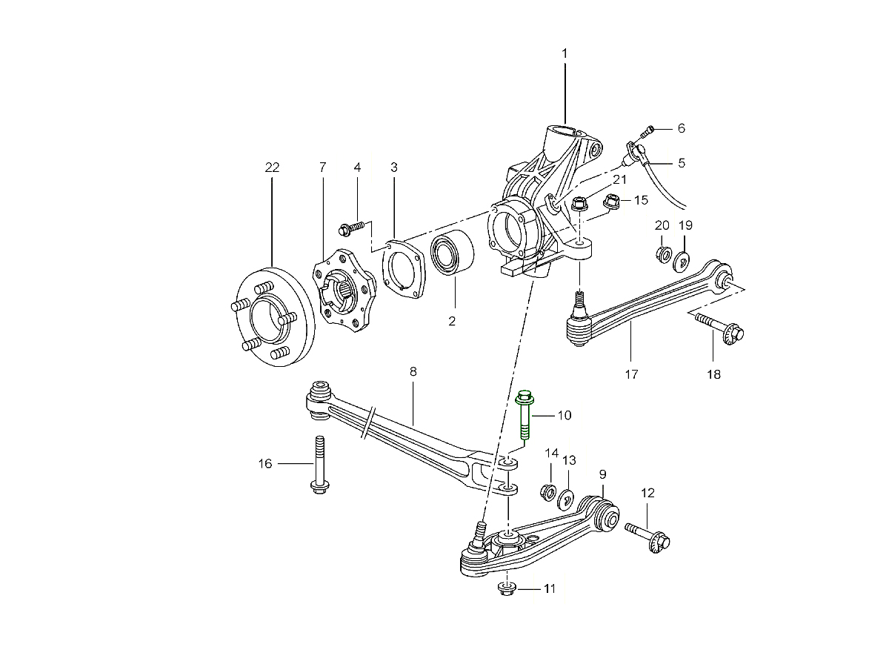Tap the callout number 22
coord(272,168)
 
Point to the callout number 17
coord(631,374)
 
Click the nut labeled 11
coord(506,589)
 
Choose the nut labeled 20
coord(663,254)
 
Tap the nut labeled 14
coord(549,491)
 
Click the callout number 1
coord(565,53)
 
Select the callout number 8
coord(413,371)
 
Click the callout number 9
coord(602,473)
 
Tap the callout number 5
coord(682,162)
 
